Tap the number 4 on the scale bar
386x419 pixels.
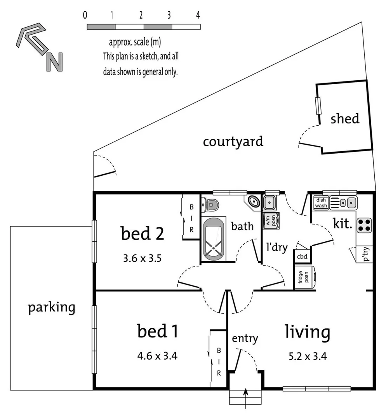tap(198, 16)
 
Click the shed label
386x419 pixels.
tap(345, 118)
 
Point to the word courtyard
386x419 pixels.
tap(233, 141)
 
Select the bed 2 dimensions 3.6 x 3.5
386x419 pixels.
tap(143, 258)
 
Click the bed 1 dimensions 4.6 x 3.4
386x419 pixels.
tap(157, 355)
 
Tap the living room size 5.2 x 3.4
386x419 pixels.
tap(307, 356)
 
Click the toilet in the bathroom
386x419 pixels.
tap(211, 203)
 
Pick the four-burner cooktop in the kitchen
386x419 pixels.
tap(365, 225)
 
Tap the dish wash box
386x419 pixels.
tap(321, 203)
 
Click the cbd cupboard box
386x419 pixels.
tap(302, 256)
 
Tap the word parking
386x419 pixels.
tap(51, 308)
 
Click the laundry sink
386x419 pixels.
tap(270, 202)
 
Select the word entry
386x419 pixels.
tap(245, 338)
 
